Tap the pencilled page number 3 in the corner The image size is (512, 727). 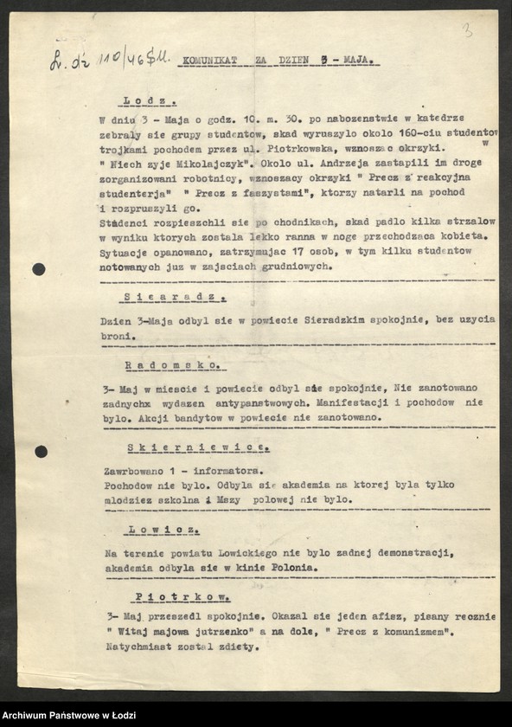468,32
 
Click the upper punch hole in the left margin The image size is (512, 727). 39,269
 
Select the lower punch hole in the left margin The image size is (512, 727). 41,451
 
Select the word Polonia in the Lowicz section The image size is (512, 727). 294,569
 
